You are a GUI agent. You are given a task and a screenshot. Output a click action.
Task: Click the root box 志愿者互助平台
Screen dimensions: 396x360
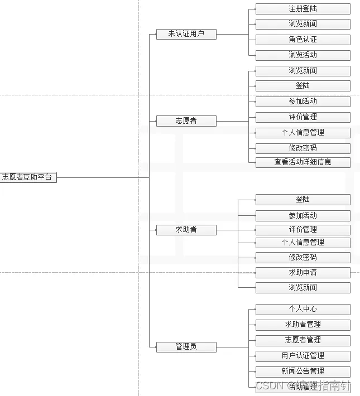pos(27,177)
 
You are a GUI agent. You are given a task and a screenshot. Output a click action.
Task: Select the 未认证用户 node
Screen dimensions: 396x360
pos(186,34)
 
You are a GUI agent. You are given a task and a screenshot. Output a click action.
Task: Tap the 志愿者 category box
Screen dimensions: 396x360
pos(186,120)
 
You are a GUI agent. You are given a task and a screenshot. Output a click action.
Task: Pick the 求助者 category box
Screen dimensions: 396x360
pos(186,229)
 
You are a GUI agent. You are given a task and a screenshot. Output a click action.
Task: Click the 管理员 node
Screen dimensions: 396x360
pos(186,346)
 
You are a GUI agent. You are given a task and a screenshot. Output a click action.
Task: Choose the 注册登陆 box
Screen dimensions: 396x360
pos(303,9)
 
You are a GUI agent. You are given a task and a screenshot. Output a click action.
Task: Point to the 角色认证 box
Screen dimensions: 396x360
pos(303,40)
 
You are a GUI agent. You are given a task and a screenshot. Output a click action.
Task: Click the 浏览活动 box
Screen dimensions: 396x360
pos(303,55)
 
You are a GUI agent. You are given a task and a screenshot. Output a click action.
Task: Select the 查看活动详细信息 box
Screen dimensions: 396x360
pos(303,162)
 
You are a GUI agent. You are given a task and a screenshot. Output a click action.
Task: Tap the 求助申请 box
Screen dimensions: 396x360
pos(303,273)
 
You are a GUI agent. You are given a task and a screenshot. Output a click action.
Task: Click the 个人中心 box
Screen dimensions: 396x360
pos(303,309)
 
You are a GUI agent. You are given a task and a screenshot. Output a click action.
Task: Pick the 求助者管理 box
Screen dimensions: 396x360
pos(303,325)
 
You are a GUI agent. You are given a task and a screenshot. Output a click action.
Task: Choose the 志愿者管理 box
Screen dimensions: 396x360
pos(303,340)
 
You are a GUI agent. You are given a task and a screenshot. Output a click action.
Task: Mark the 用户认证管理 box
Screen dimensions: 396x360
pos(303,356)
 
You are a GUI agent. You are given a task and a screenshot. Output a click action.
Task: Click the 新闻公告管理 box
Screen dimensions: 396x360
pos(303,371)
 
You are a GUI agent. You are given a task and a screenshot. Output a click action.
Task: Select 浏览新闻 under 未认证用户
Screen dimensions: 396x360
pos(303,24)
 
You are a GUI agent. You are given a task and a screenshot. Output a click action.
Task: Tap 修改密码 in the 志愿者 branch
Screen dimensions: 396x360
pos(303,148)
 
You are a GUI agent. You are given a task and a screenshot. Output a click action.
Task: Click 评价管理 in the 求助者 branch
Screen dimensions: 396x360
pos(303,230)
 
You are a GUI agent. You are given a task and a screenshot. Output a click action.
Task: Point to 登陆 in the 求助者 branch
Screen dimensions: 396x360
pos(303,200)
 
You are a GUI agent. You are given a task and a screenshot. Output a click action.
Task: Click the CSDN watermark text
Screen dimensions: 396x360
pos(271,385)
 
